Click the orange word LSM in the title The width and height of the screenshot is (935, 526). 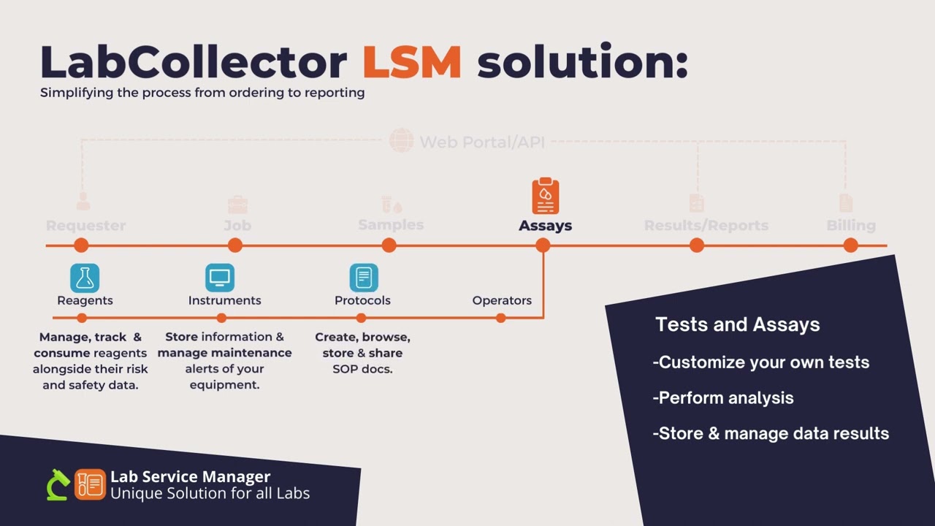tap(411, 62)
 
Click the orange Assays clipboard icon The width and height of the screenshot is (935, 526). tap(545, 196)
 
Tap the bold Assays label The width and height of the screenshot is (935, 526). tap(545, 226)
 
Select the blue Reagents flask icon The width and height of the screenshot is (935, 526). tap(85, 278)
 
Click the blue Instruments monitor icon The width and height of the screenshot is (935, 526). tap(220, 278)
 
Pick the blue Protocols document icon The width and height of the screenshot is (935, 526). tap(363, 278)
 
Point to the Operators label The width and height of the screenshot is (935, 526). tap(502, 300)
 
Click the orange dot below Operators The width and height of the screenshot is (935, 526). tap(500, 318)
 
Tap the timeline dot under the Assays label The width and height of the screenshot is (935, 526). tap(543, 245)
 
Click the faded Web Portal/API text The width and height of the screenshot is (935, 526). tap(481, 141)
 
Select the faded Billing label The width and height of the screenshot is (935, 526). tap(850, 226)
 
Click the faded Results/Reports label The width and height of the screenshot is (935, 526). tap(706, 226)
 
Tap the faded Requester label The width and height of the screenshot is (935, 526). tap(85, 226)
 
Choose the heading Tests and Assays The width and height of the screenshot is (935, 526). tap(737, 324)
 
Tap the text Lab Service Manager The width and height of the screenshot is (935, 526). tap(190, 477)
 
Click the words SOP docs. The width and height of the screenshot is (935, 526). tap(363, 369)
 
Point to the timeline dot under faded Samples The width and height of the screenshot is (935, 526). tap(389, 245)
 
